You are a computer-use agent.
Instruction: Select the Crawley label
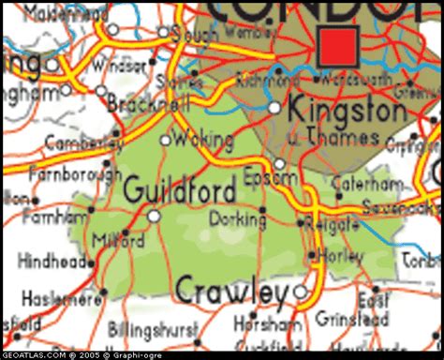pyautogui.click(x=231, y=292)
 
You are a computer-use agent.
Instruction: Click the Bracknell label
pyautogui.click(x=140, y=103)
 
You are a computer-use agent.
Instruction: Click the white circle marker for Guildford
pyautogui.click(x=154, y=216)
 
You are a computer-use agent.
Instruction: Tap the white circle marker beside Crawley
pyautogui.click(x=300, y=292)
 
